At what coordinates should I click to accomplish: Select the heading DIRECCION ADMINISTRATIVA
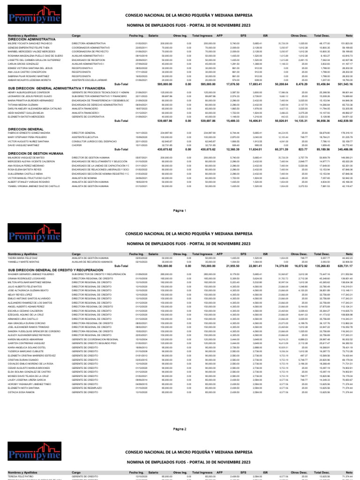coord(31,39)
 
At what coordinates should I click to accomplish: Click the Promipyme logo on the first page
coord(32,18)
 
